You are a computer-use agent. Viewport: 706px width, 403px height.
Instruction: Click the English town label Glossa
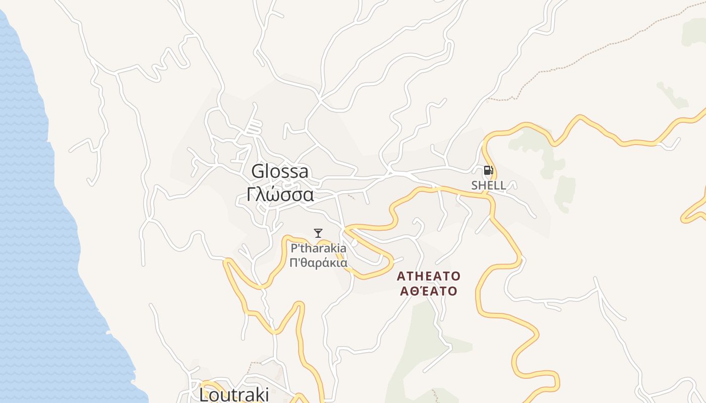[280, 171]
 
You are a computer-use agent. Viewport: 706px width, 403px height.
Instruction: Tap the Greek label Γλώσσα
[280, 194]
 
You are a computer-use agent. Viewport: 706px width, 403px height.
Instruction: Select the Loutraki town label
[234, 394]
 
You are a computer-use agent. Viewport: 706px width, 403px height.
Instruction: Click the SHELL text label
[488, 185]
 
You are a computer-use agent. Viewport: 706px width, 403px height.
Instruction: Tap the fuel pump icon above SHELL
[488, 170]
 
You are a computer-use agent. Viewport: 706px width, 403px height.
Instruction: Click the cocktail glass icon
[318, 233]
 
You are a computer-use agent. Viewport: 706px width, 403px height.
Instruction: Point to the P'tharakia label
[318, 248]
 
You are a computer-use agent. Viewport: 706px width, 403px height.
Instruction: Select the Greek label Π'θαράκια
[318, 262]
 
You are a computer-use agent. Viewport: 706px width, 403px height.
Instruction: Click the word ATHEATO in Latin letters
[429, 276]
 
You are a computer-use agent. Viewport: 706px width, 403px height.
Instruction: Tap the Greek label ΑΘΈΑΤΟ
[429, 291]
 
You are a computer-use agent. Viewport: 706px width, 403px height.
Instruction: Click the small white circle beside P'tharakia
[355, 243]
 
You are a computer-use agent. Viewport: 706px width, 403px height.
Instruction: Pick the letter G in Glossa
[258, 171]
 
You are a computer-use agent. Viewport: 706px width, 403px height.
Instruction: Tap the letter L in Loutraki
[204, 394]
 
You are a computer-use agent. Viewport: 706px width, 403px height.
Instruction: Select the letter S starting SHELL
[475, 185]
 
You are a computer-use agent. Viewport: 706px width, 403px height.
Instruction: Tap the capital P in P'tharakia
[294, 248]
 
